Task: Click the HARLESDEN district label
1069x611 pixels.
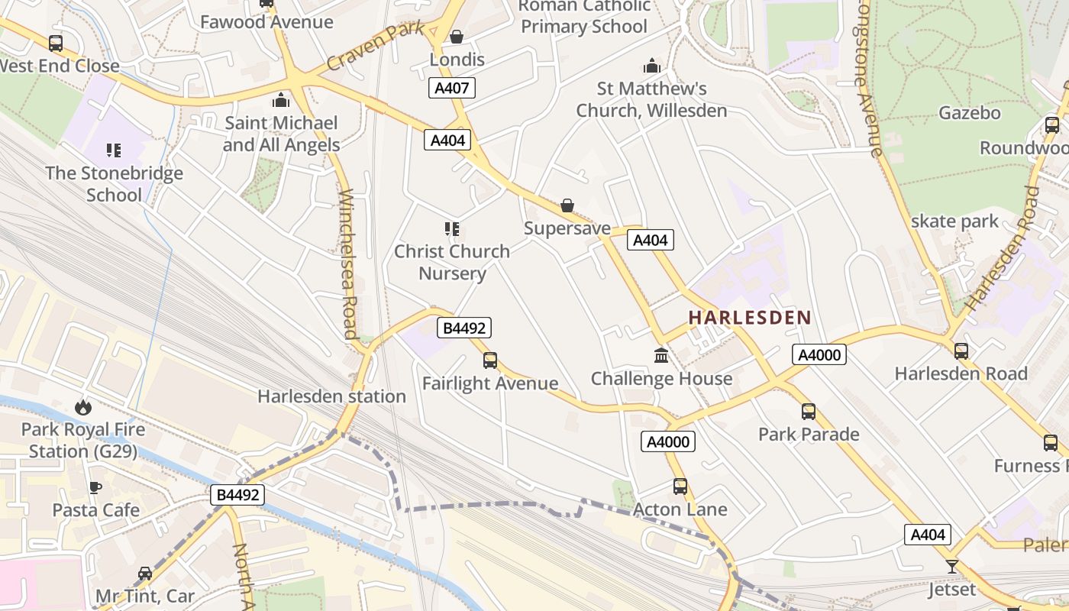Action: [x=749, y=318]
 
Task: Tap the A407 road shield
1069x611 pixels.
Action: [x=451, y=88]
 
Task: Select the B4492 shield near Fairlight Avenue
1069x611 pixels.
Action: [x=463, y=328]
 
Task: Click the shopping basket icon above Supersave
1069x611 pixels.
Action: [x=567, y=205]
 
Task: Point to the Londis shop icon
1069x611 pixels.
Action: [x=457, y=37]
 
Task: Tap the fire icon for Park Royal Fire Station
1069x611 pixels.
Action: [x=82, y=408]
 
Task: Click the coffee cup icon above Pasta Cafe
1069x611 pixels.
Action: [x=95, y=487]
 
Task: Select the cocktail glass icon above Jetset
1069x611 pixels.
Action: [x=951, y=567]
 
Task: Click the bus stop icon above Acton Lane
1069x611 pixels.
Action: [x=680, y=486]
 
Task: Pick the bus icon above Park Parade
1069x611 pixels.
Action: [x=809, y=412]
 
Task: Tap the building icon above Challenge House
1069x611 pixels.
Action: [x=661, y=355]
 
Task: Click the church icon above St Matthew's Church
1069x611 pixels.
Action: [x=651, y=66]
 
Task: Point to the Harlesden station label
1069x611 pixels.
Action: [x=331, y=396]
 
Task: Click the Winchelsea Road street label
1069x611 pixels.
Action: [x=349, y=263]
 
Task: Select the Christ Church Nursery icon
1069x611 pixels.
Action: [x=451, y=228]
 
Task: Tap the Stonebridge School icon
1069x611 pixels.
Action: [x=114, y=150]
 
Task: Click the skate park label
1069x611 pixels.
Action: [x=954, y=221]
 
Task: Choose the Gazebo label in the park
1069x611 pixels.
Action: [x=969, y=113]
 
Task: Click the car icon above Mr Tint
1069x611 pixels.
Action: [x=144, y=573]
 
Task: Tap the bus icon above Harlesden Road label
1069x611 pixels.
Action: [x=961, y=351]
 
